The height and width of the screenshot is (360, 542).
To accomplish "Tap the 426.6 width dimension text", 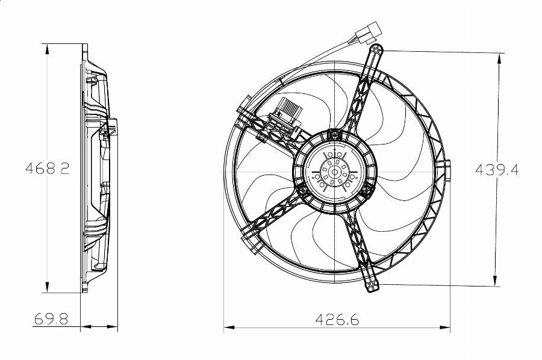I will (x=337, y=320).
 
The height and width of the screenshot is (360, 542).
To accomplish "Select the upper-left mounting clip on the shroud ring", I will (x=246, y=114).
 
